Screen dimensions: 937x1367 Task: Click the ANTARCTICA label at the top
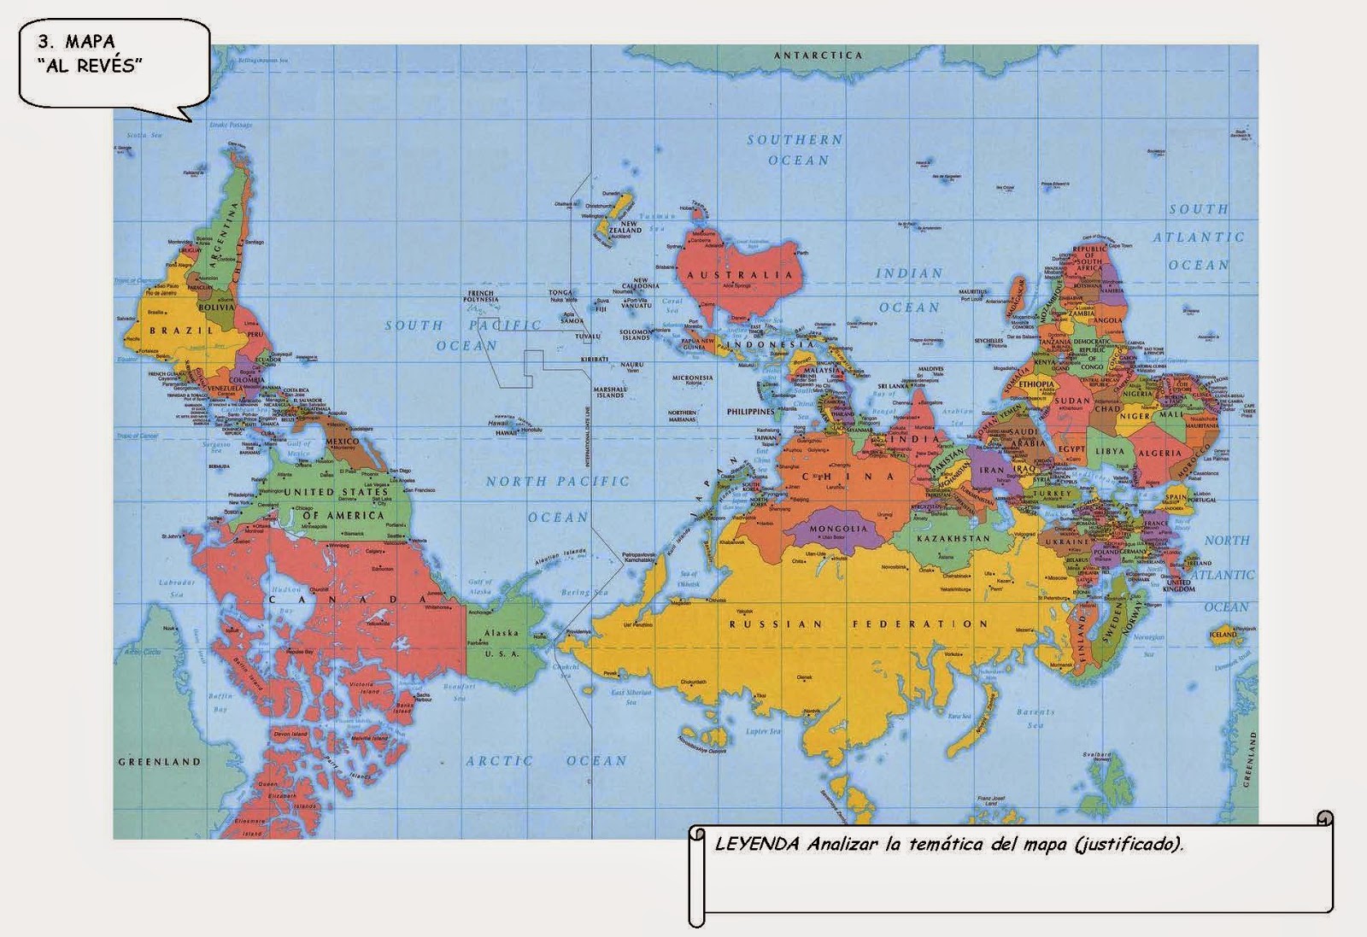pos(818,56)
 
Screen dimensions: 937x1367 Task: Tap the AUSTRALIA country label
pos(741,275)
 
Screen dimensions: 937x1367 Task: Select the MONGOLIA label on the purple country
pos(837,529)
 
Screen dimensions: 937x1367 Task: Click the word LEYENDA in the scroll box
pos(757,845)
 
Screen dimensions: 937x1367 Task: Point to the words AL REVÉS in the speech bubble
pos(90,66)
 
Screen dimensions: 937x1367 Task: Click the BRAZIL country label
pos(181,331)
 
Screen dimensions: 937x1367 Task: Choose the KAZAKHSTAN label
pos(953,539)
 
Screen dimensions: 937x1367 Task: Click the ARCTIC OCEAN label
pos(546,760)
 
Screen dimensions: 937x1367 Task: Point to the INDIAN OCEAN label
pos(909,290)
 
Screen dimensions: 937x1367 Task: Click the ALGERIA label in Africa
pos(1159,454)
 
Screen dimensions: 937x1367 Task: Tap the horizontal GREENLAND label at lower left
pos(159,761)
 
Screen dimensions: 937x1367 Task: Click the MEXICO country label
pos(343,442)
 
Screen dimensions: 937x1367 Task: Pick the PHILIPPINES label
pos(750,412)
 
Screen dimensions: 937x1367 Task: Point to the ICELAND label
pos(1223,634)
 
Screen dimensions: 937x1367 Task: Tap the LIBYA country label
pos(1111,451)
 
